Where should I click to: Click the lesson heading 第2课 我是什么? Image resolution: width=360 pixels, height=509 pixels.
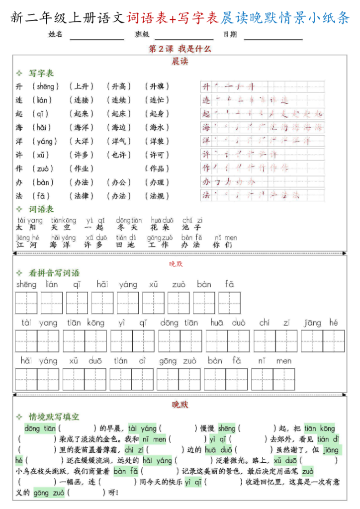[180, 49]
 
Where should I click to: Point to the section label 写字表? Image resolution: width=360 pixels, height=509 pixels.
[41, 73]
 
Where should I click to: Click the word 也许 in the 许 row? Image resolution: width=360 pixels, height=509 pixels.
[119, 155]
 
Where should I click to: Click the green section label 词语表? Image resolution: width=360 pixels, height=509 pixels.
[41, 209]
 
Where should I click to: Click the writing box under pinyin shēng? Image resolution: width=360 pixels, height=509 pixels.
[26, 303]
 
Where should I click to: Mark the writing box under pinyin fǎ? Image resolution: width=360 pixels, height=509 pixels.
[229, 303]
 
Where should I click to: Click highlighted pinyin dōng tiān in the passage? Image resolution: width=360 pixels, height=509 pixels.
[39, 428]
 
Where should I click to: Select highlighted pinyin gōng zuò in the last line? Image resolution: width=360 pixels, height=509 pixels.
[48, 493]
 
